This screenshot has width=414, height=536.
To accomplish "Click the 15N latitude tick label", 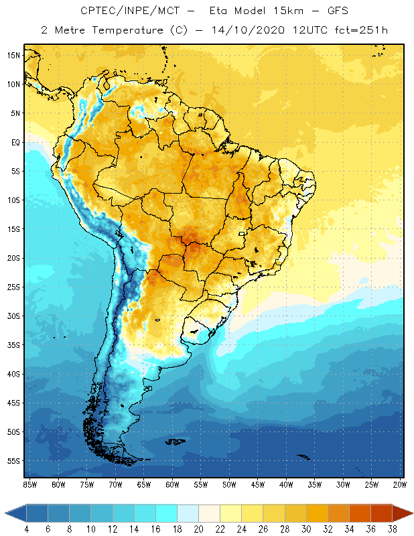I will point(13,55).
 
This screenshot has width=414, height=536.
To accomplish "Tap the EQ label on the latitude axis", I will point(14,142).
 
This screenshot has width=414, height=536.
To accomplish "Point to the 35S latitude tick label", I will point(13,345).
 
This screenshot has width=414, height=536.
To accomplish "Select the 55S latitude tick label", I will point(13,461).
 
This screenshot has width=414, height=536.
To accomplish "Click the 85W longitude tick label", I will point(29,484).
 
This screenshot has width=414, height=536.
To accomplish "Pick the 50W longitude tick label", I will point(229,484).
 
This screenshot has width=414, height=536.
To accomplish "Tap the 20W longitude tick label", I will point(400,484).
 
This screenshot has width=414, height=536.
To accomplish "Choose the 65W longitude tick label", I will point(143,484).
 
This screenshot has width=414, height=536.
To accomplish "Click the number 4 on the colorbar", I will point(27,529).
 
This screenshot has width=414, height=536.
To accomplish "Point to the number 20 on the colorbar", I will point(199,529).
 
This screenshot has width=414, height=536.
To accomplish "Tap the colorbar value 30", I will point(306,529).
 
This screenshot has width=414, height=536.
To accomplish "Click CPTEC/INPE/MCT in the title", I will point(123,11).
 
